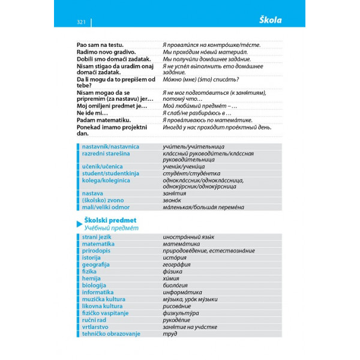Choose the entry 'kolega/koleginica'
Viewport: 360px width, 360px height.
tap(106, 180)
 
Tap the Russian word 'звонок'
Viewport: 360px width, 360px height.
tap(173, 200)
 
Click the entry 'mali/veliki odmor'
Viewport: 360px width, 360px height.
tap(106, 207)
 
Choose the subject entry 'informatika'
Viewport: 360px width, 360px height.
tap(99, 292)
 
